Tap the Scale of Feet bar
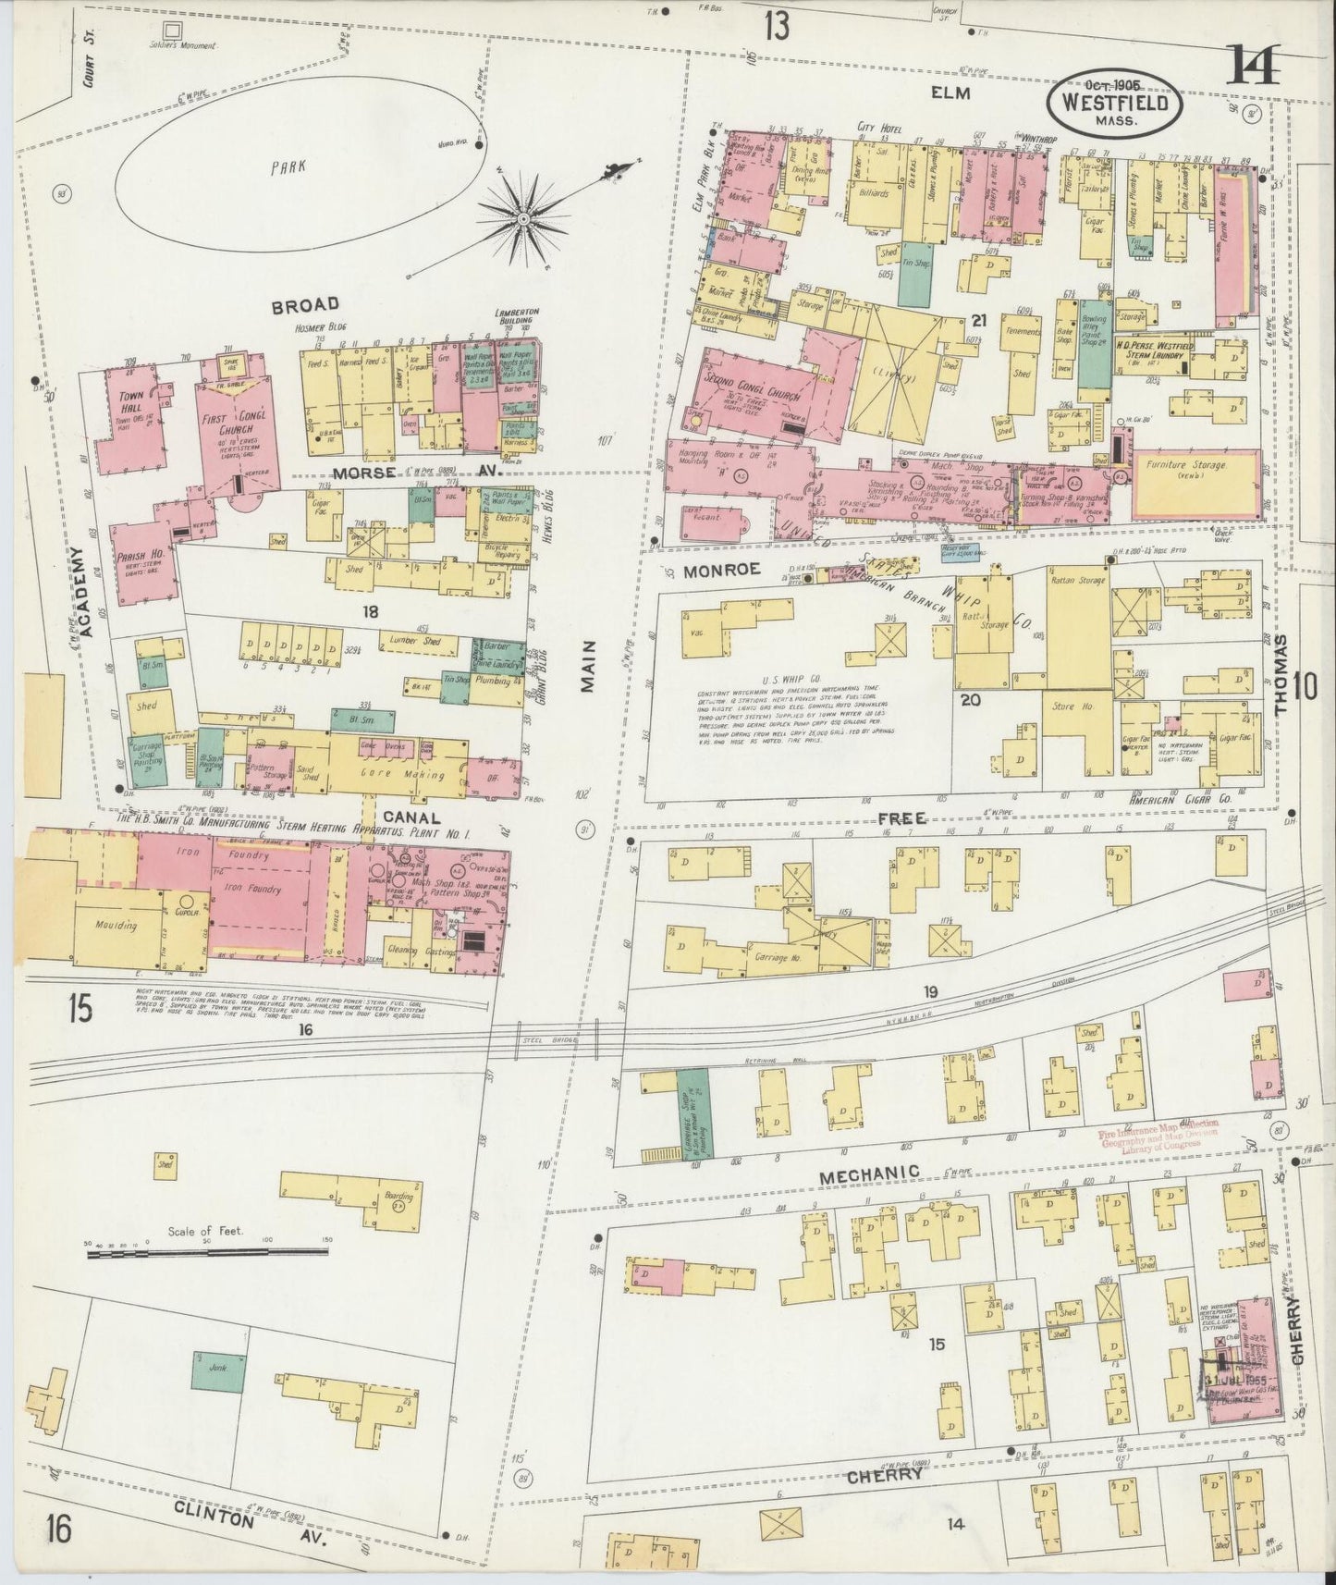pyautogui.click(x=205, y=1251)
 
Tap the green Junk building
pyautogui.click(x=219, y=1371)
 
